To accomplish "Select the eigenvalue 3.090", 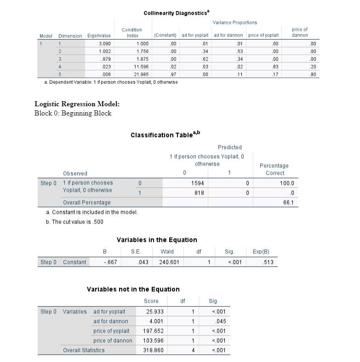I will (x=104, y=44).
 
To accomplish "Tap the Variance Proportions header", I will (x=235, y=22).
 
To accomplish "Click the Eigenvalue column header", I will (x=99, y=35).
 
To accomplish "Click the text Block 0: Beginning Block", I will (x=73, y=113).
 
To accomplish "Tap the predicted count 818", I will (x=198, y=193).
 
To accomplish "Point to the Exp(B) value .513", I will (x=264, y=262).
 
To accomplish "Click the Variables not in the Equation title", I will (x=133, y=289).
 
